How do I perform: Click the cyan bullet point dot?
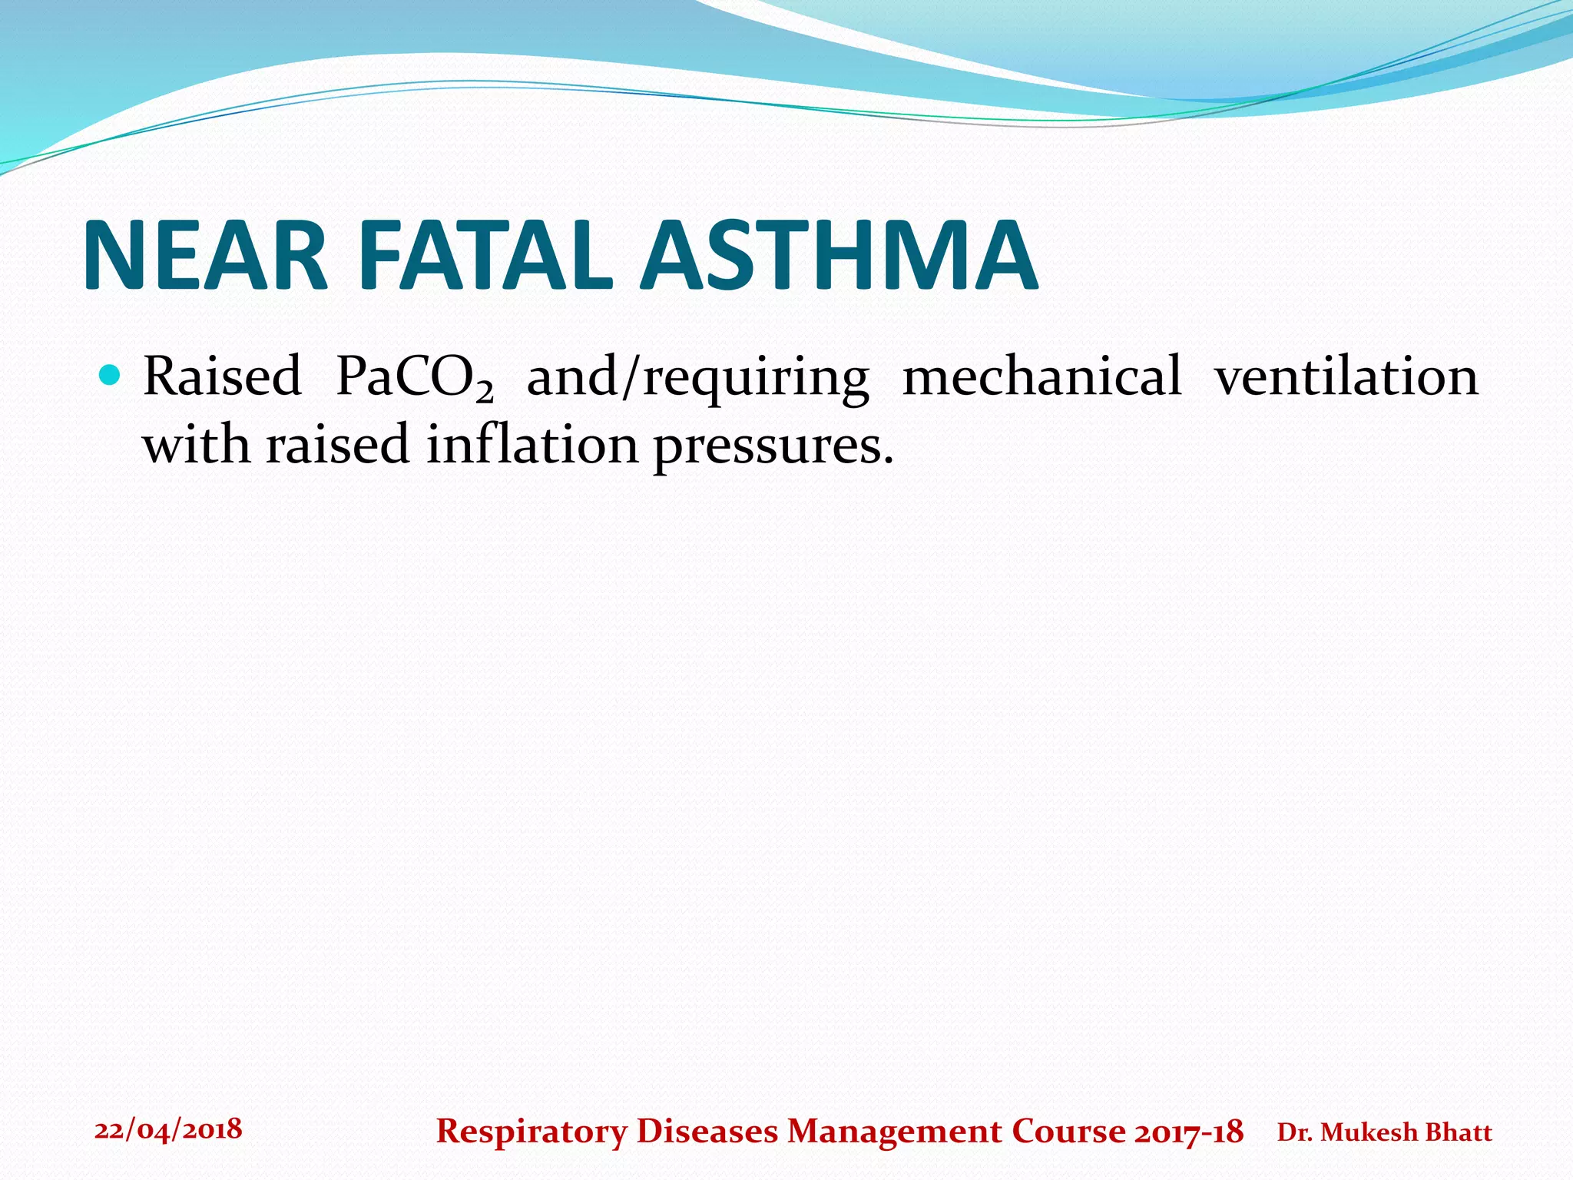pyautogui.click(x=110, y=376)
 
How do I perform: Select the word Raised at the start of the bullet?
pyautogui.click(x=222, y=376)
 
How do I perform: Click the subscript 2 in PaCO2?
pyautogui.click(x=484, y=392)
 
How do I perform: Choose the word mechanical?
pyautogui.click(x=1041, y=376)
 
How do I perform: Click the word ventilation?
pyautogui.click(x=1346, y=376)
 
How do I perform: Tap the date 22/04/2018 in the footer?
pyautogui.click(x=168, y=1129)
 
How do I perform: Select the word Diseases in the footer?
pyautogui.click(x=707, y=1132)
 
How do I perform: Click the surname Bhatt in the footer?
pyautogui.click(x=1459, y=1132)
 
